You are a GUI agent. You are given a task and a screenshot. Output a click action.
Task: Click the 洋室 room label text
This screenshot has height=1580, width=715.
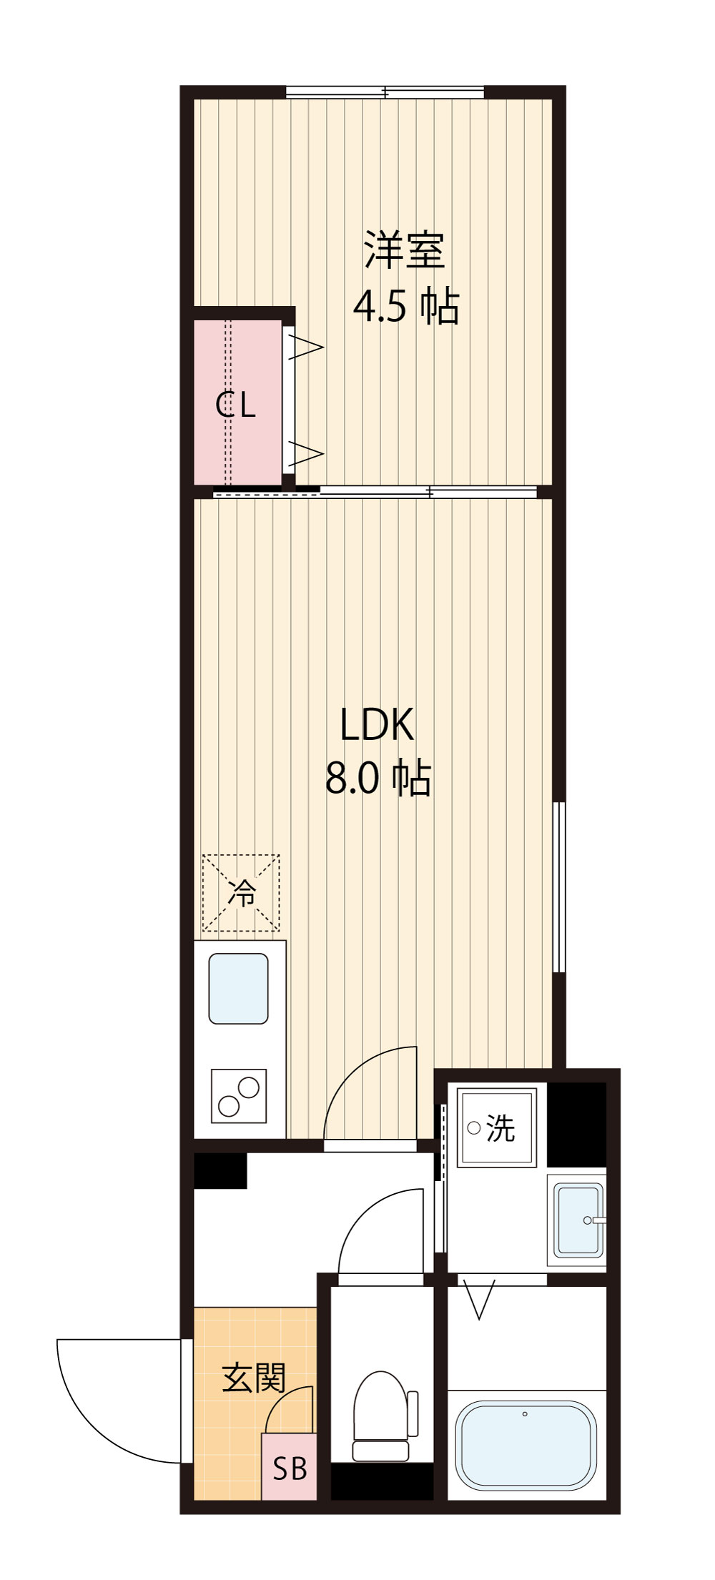405,250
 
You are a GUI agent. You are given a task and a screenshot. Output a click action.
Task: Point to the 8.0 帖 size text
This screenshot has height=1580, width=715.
378,779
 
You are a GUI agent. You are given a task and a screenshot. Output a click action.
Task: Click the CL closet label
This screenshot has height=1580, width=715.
235,405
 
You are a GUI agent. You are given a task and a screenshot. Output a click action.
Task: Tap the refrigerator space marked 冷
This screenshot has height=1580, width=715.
241,893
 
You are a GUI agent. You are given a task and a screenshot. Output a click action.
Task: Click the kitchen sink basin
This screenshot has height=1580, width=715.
238,988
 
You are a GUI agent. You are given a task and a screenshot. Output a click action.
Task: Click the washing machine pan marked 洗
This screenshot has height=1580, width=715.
496,1127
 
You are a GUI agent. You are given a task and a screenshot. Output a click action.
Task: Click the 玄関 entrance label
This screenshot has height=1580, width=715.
253,1377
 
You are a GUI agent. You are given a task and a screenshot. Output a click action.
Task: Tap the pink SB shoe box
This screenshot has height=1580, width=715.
289,1466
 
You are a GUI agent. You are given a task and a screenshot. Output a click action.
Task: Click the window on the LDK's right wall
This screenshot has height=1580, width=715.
559,887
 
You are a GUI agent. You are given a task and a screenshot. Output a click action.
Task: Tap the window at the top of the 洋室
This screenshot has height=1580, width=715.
385,92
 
